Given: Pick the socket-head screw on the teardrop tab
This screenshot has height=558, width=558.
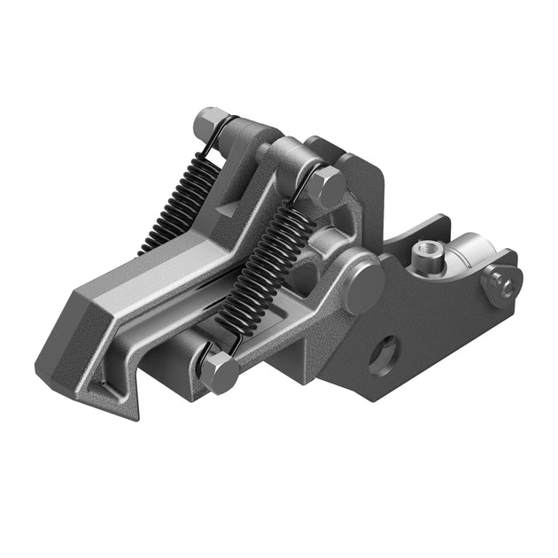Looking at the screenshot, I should click(x=504, y=284).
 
